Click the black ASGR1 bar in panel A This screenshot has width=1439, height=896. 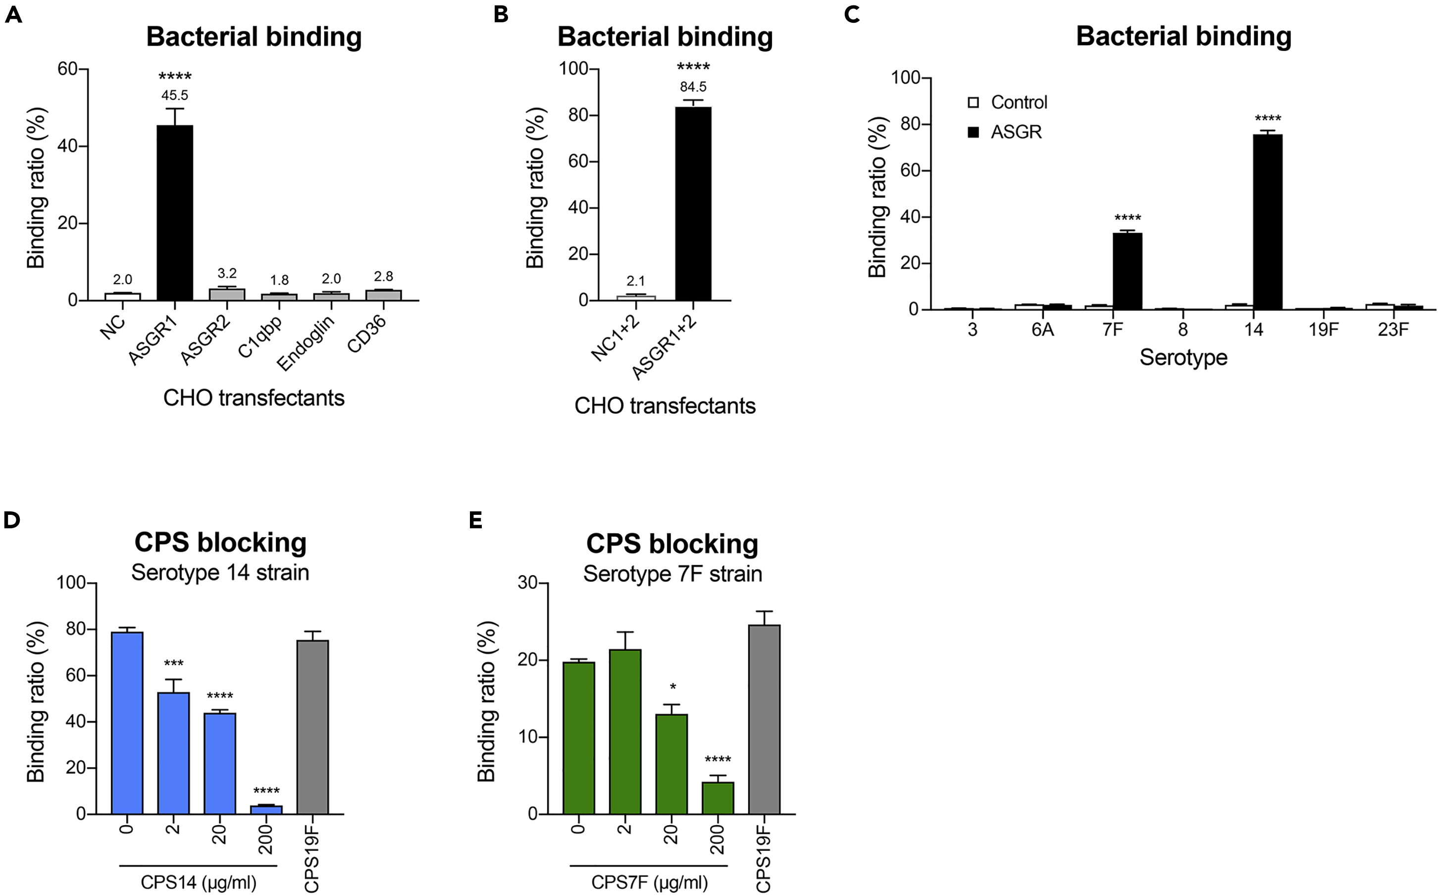pos(175,213)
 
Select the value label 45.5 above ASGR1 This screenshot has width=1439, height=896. pos(175,95)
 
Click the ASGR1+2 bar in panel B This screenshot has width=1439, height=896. pos(693,204)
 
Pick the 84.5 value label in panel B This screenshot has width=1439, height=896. pos(693,87)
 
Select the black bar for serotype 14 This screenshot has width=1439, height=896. pos(1268,222)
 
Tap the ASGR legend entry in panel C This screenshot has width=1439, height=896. pos(1008,132)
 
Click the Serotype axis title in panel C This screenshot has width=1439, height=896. pos(1183,357)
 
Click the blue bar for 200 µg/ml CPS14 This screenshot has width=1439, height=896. pos(266,809)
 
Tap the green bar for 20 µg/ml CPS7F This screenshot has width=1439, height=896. pos(671,764)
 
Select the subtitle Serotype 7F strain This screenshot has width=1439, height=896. pos(672,574)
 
